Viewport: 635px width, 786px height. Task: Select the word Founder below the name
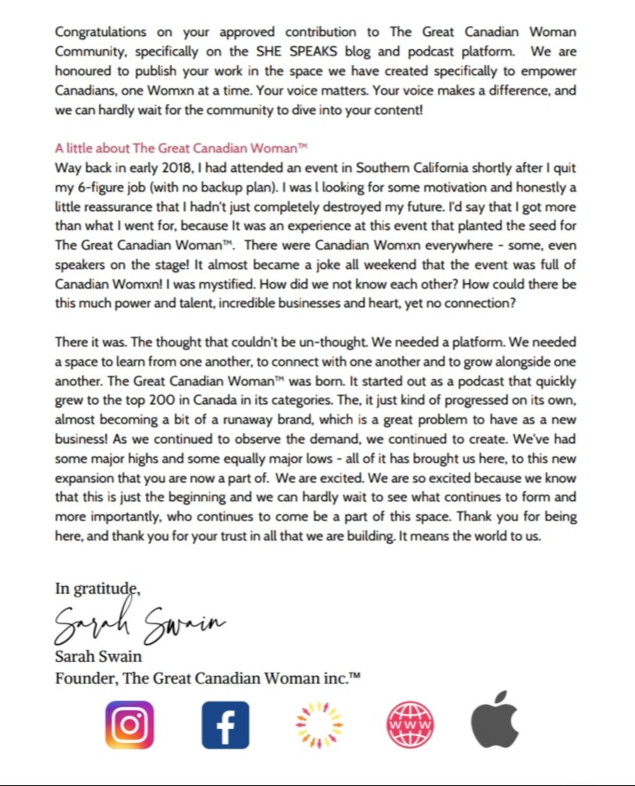tap(84, 679)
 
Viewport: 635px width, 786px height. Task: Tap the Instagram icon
tap(129, 724)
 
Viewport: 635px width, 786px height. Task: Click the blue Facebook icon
tap(225, 724)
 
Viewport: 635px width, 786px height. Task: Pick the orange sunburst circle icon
tap(319, 724)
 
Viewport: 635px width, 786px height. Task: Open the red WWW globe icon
tap(410, 724)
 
